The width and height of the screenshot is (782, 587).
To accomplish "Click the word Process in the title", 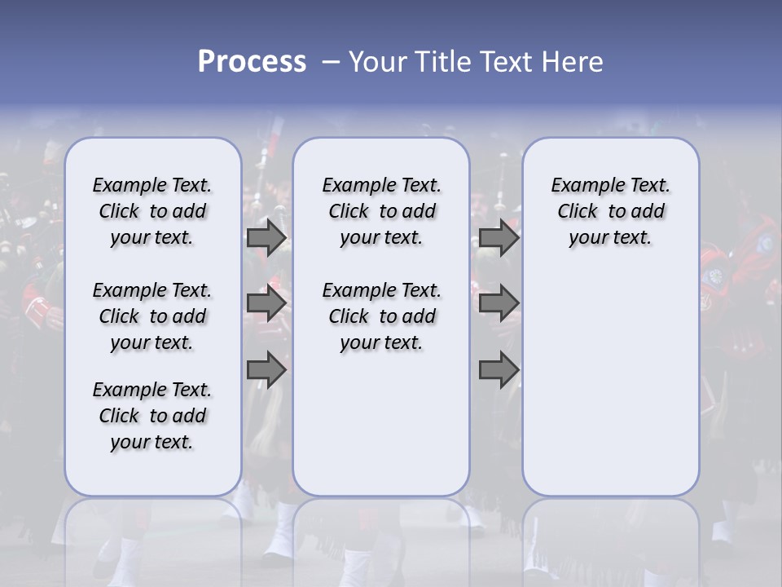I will coord(252,62).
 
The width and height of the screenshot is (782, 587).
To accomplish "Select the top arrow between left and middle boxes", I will coord(266,238).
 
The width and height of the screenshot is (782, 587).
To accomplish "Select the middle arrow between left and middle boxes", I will coord(266,303).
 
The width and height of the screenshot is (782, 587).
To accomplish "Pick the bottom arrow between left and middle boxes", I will coord(266,370).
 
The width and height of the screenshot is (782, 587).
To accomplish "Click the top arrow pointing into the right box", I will coord(499,238).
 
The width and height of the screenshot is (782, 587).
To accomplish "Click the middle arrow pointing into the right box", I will coord(499,303).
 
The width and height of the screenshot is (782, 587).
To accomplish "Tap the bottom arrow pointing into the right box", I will coord(499,370).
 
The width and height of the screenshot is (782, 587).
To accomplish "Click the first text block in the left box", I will coord(152,211).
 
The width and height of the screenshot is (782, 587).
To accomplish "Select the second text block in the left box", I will coord(152,316).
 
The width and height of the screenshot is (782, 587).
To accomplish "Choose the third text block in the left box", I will coord(152,416).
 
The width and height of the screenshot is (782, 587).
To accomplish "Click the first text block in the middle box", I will coord(381,211).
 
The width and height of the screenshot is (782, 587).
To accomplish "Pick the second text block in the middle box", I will coord(381,316).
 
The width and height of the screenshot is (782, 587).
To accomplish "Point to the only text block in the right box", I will coord(610,211).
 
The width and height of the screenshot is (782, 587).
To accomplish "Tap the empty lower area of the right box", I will coord(610,383).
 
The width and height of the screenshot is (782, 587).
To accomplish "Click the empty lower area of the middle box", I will coord(381,424).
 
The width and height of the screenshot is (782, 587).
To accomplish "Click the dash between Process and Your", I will coord(330,62).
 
